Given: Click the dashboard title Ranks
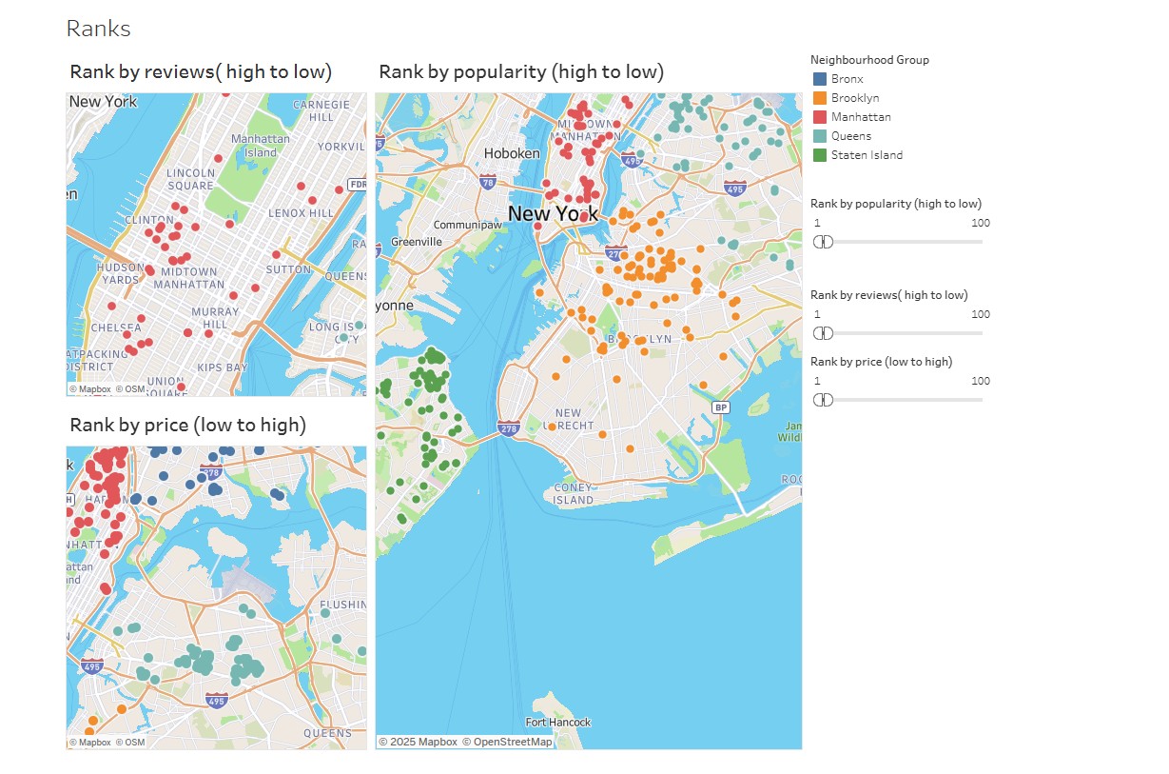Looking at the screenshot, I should [98, 29].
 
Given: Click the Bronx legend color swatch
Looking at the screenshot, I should [820, 79].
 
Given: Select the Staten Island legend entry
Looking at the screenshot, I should [867, 155].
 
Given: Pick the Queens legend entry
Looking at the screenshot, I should [850, 136].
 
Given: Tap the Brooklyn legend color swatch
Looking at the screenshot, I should [820, 98].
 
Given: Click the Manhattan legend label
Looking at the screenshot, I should [861, 117].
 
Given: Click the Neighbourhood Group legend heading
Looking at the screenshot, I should [869, 60].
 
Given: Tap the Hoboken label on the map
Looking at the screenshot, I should [512, 153].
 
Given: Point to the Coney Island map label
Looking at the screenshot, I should [573, 494].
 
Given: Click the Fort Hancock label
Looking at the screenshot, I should [557, 723].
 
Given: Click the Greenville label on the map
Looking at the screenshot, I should [417, 242].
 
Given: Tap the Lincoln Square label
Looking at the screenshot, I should [190, 179].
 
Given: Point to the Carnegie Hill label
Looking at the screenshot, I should [314, 110].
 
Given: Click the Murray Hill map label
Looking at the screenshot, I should [215, 318].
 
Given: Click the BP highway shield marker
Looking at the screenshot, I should [721, 407].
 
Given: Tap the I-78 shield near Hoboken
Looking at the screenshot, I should [488, 181].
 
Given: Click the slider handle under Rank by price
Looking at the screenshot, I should [824, 400].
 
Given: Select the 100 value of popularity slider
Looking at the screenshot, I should [980, 223].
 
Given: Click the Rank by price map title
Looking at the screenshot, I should [187, 425].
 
